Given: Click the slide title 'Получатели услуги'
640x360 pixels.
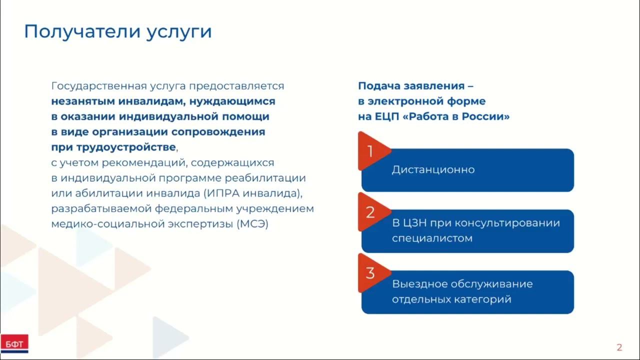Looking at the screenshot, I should (x=118, y=31).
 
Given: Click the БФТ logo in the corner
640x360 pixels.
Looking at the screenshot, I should (x=14, y=343).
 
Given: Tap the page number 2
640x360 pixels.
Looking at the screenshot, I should (x=619, y=347).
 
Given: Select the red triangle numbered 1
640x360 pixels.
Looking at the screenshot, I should (x=371, y=151).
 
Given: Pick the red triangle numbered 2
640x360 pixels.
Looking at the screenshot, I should (x=371, y=212).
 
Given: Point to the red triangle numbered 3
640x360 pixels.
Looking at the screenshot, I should (x=371, y=273).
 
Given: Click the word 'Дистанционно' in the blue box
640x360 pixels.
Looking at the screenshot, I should (x=433, y=169).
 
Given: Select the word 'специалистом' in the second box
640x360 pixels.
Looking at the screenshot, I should (x=432, y=238).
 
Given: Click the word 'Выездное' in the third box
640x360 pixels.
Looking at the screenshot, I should (x=419, y=284).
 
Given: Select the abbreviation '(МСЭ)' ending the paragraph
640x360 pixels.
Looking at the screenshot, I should (x=252, y=224).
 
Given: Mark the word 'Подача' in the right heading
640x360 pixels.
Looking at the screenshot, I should (x=377, y=86).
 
